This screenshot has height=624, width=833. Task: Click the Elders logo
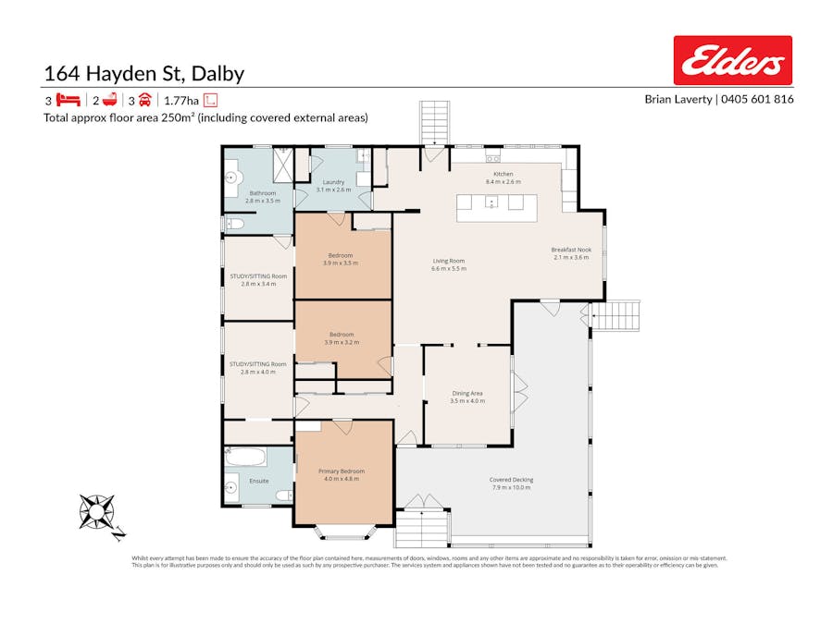tap(732, 61)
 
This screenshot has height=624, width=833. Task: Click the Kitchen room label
tap(503, 174)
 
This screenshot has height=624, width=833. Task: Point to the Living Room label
tap(449, 261)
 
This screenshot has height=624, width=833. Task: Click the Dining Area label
tap(467, 393)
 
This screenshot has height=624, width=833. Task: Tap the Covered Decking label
tap(511, 480)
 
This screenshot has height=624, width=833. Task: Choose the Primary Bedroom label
tap(342, 471)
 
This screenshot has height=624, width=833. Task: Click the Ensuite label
tap(260, 481)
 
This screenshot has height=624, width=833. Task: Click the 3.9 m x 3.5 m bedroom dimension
tap(342, 263)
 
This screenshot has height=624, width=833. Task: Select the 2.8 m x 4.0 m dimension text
tap(258, 372)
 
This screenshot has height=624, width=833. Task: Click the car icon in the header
tap(145, 101)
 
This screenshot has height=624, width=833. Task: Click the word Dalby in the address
tap(215, 74)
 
